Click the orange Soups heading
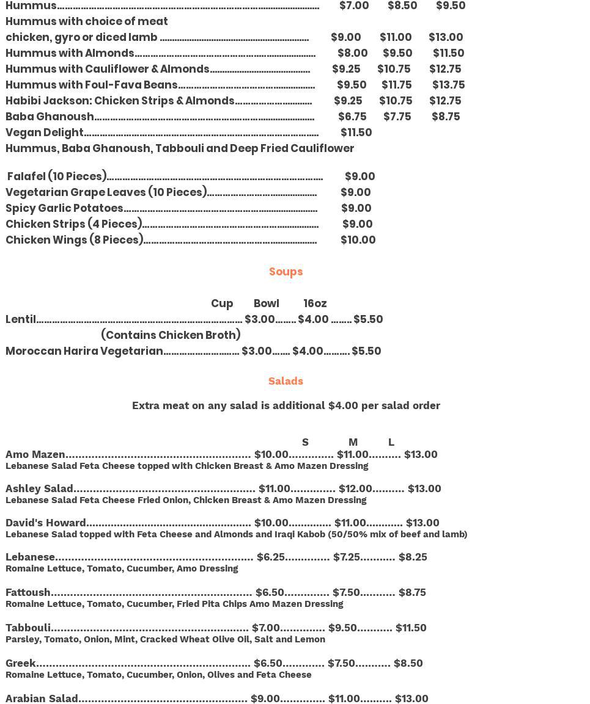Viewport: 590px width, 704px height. tap(286, 272)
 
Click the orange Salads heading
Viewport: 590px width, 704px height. tap(286, 381)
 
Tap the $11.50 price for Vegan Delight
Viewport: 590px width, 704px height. tap(356, 132)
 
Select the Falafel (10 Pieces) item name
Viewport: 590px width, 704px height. tap(57, 176)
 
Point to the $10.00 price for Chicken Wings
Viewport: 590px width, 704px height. tap(358, 240)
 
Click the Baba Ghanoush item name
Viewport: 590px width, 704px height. tap(50, 117)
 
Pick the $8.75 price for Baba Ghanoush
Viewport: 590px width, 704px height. tap(445, 117)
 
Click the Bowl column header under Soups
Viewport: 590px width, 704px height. tap(266, 303)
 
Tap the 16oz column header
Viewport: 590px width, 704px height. tap(315, 303)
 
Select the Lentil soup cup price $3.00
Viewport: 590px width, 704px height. tap(259, 319)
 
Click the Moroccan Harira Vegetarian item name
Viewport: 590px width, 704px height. tap(84, 351)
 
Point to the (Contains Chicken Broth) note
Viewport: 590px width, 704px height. tap(171, 335)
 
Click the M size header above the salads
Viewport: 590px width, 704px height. tap(353, 442)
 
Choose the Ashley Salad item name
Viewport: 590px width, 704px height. tap(39, 488)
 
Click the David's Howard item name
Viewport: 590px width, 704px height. tap(46, 523)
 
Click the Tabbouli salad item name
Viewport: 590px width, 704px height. tap(28, 628)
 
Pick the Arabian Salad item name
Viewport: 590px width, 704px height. tap(42, 699)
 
